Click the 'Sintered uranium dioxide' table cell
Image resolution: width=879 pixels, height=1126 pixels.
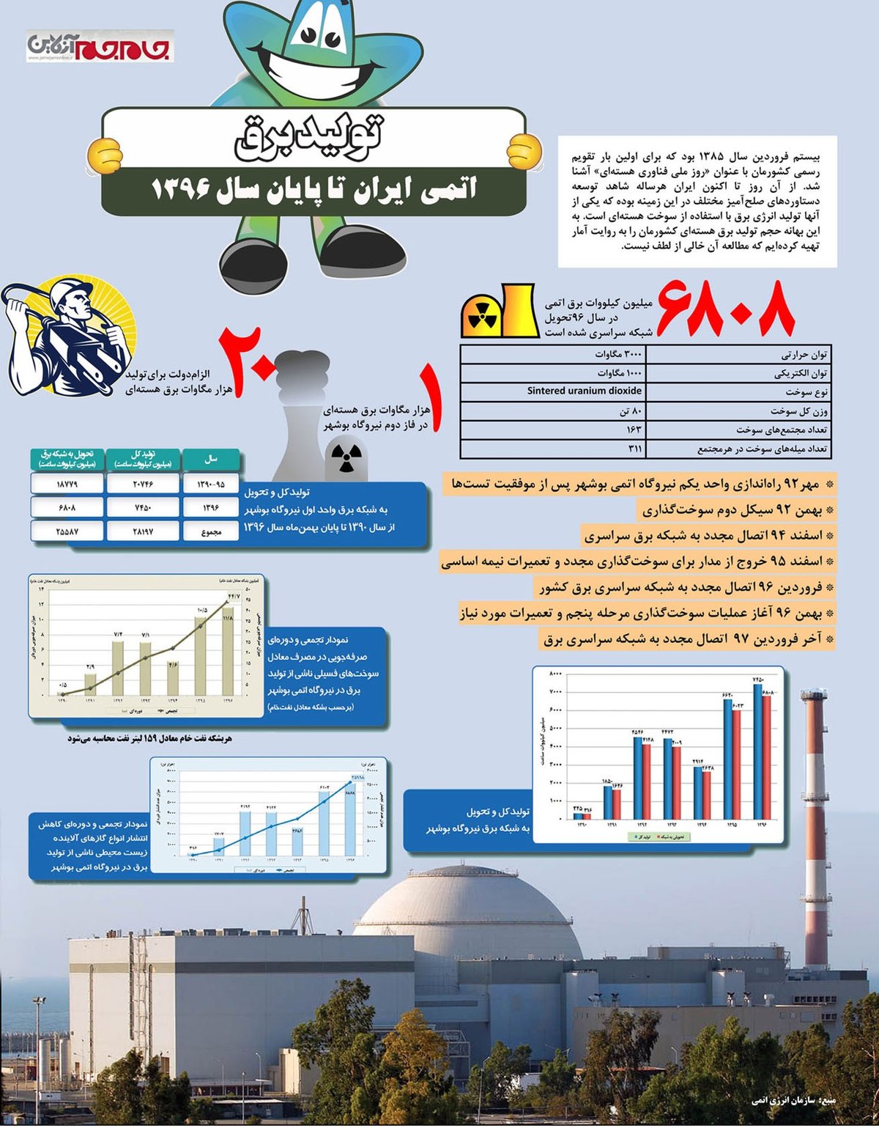[x=584, y=391]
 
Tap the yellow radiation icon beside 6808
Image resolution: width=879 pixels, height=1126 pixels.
[x=481, y=315]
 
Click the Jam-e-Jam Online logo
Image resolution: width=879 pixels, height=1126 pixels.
[x=100, y=45]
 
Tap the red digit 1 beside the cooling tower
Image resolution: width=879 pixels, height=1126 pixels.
[x=434, y=400]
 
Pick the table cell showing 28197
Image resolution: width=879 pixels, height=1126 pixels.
[x=142, y=531]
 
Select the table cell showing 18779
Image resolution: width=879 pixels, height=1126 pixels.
[x=67, y=484]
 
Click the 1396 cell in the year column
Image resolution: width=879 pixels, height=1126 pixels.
[x=211, y=507]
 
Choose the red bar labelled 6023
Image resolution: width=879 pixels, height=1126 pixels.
[x=737, y=762]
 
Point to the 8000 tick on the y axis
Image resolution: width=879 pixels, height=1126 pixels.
[x=555, y=673]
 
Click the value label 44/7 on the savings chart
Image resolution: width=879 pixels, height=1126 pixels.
[x=233, y=597]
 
